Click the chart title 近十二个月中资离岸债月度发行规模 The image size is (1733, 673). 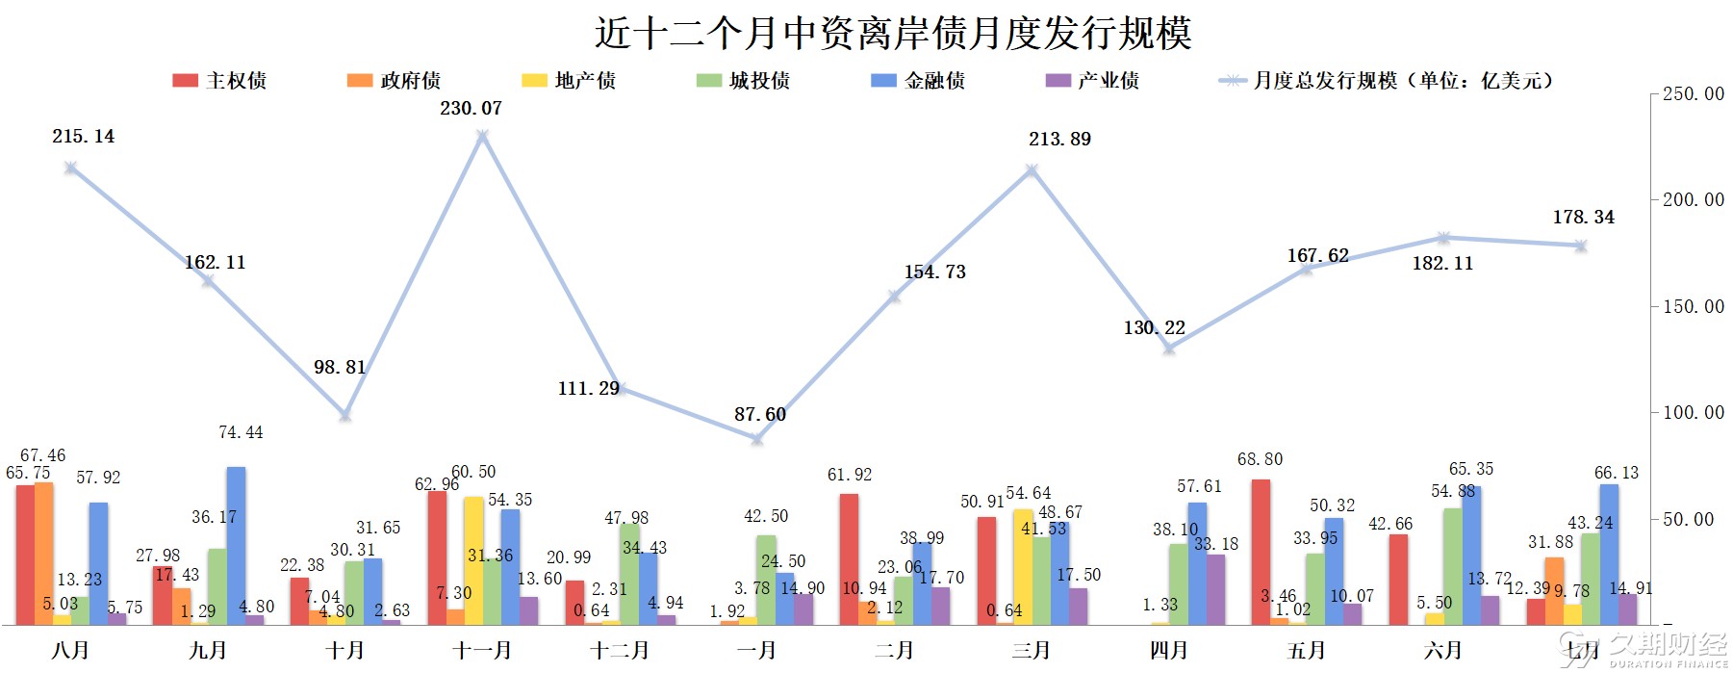click(x=893, y=33)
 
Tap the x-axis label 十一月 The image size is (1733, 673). click(x=482, y=651)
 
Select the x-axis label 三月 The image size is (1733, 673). click(x=1031, y=651)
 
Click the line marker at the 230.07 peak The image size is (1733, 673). click(x=482, y=136)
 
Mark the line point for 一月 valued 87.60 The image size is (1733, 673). click(x=757, y=439)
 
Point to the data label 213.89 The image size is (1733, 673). click(x=1059, y=140)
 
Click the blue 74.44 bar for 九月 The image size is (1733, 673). click(x=236, y=546)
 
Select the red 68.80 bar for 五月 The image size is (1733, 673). click(x=1261, y=552)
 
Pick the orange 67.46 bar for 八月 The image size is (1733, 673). click(x=43, y=554)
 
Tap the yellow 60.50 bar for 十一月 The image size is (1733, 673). click(x=473, y=560)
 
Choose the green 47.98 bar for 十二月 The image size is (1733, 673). click(x=629, y=574)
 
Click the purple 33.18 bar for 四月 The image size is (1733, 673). click(x=1216, y=589)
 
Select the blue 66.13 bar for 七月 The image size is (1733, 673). click(x=1609, y=555)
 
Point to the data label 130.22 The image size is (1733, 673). click(x=1154, y=328)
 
